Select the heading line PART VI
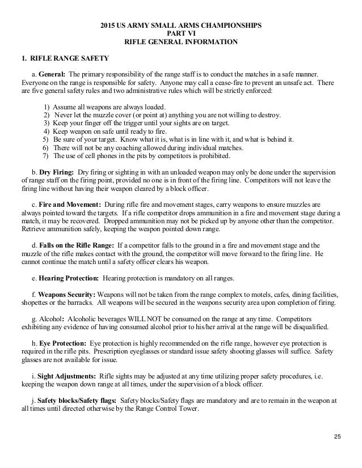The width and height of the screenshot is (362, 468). click(181, 33)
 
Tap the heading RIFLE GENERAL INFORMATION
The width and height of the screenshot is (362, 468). click(181, 41)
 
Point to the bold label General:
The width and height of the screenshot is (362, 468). click(54, 75)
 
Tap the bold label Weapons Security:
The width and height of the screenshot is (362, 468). click(67, 295)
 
